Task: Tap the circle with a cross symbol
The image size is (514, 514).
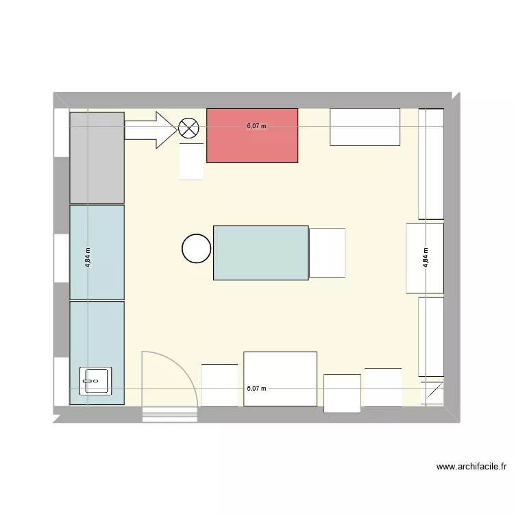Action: pos(188,127)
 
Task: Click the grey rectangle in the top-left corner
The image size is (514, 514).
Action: pos(97,158)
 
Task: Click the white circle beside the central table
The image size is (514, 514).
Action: pos(197,249)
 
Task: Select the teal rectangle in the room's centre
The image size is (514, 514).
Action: pos(260,252)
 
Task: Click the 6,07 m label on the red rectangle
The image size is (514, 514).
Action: pos(256,126)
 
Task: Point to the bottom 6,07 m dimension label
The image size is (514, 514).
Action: pos(256,389)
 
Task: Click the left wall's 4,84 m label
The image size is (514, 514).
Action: pos(88,257)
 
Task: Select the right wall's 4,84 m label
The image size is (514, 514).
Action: pos(426,257)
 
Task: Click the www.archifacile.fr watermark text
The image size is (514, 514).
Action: pos(472,467)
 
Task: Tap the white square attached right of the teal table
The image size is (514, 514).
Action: pos(327,253)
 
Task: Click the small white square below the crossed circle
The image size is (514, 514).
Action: pos(192,162)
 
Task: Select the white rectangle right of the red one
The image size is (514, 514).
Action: pos(365,127)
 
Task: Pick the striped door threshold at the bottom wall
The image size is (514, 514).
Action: pos(169,414)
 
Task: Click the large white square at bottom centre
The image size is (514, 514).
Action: pos(280,378)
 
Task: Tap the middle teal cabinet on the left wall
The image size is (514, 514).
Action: pos(97,252)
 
